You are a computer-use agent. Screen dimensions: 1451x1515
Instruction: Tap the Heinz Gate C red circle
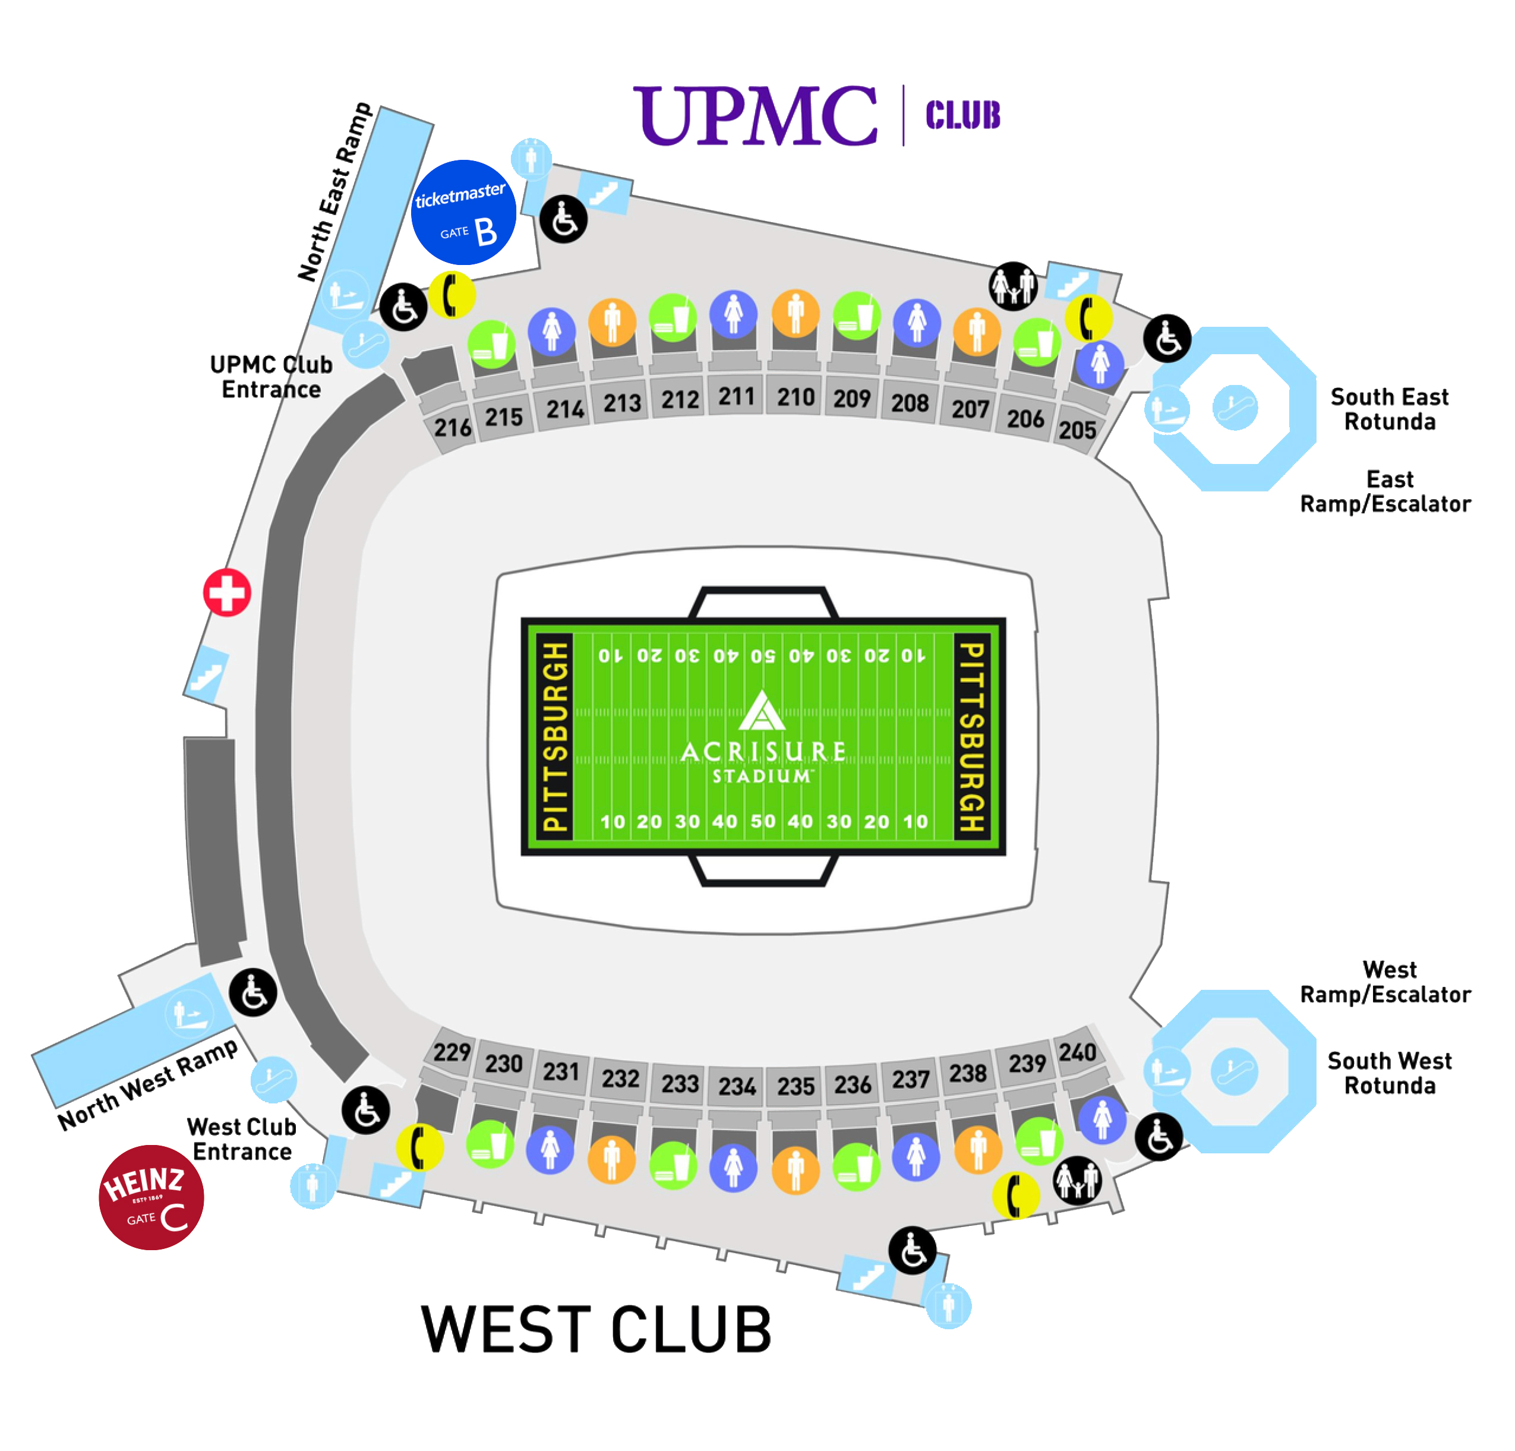(x=151, y=1197)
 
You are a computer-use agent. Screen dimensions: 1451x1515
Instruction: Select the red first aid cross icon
(x=227, y=593)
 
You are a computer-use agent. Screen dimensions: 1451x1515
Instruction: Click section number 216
(x=452, y=427)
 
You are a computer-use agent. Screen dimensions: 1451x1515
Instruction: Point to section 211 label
(x=736, y=396)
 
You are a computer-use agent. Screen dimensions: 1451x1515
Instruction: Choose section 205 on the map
(x=1077, y=430)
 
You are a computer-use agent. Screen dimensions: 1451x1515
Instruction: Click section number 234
(x=737, y=1086)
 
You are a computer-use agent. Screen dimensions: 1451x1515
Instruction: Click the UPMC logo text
(x=755, y=116)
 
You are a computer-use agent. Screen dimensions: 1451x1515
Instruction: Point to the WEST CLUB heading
(x=596, y=1330)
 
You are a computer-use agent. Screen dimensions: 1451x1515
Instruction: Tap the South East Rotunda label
(x=1389, y=409)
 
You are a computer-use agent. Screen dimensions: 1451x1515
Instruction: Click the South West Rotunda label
(x=1389, y=1073)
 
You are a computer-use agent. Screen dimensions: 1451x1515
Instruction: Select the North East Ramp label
(x=334, y=192)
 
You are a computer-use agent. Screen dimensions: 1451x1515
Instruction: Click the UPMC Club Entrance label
(x=272, y=377)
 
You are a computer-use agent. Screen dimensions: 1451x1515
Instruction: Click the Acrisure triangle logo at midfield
(x=762, y=711)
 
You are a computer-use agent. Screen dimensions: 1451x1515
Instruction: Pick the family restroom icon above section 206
(x=1012, y=286)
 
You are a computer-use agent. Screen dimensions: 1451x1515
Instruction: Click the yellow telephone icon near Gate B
(x=452, y=295)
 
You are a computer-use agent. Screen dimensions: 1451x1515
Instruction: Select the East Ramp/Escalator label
(x=1385, y=491)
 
